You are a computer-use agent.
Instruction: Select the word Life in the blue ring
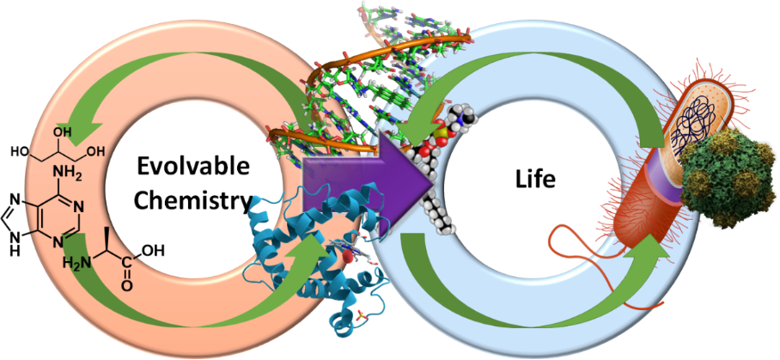point(539,181)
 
